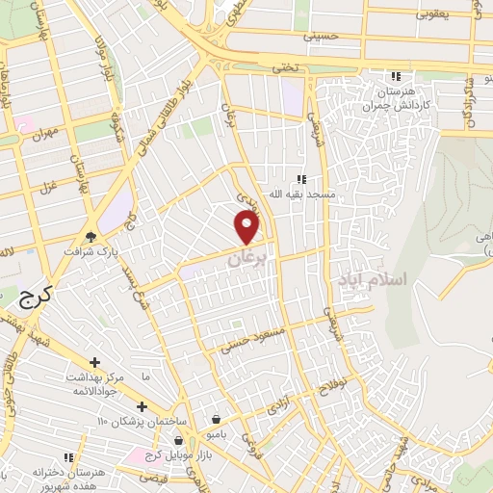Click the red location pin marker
pyautogui.click(x=247, y=226)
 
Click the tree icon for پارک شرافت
pyautogui.click(x=91, y=235)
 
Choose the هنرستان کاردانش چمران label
pyautogui.click(x=394, y=97)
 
